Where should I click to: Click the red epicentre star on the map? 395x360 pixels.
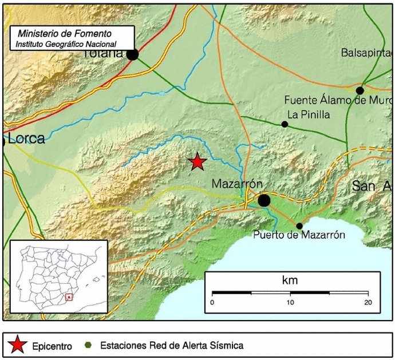click(197, 162)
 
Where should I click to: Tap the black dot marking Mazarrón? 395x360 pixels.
click(264, 200)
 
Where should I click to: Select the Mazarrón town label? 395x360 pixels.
click(237, 184)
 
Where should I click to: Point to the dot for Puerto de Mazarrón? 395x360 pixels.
click(299, 226)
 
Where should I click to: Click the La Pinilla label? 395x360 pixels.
click(309, 114)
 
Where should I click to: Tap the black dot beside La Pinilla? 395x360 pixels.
click(285, 124)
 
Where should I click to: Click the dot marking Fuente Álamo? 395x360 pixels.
click(360, 90)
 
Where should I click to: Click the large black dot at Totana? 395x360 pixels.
click(132, 54)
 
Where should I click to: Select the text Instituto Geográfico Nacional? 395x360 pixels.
click(66, 44)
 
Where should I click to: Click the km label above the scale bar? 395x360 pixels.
click(290, 280)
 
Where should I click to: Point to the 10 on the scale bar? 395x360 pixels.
click(290, 302)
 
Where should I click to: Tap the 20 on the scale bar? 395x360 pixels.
click(368, 302)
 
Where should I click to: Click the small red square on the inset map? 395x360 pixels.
click(69, 297)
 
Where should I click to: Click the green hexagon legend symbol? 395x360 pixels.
click(88, 345)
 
